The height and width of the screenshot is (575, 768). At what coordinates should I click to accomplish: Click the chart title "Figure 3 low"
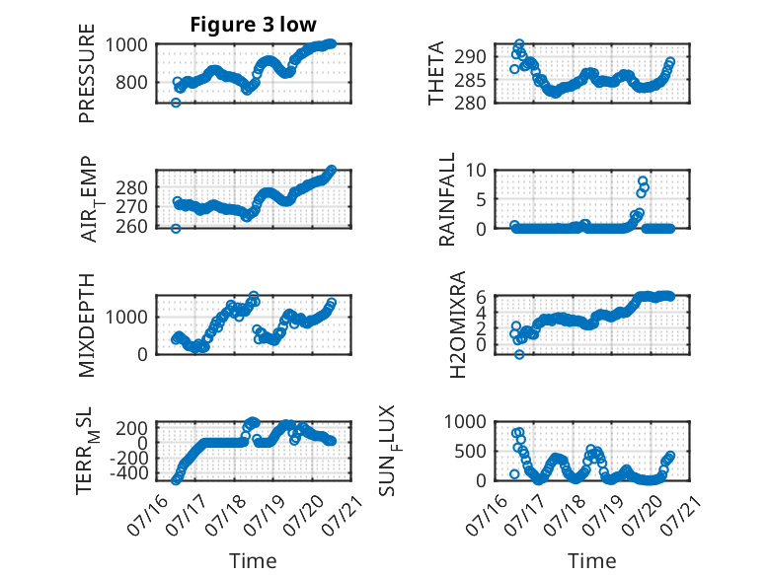click(x=254, y=25)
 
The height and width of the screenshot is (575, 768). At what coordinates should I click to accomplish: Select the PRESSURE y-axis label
click(x=86, y=73)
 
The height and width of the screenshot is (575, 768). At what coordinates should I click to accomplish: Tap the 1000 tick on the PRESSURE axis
click(x=126, y=45)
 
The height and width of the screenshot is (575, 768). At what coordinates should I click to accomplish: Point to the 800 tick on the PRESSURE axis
click(x=131, y=82)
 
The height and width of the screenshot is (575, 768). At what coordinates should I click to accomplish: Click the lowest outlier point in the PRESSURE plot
click(x=176, y=103)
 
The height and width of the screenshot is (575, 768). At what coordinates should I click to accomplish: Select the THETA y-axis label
click(x=435, y=73)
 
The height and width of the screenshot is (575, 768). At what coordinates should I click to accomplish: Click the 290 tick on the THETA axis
click(x=470, y=57)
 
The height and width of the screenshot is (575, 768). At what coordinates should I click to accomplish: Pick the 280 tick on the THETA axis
click(x=470, y=103)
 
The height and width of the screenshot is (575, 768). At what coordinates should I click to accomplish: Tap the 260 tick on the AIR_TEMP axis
click(x=131, y=227)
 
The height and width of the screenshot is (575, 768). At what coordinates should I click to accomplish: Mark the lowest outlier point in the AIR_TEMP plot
click(x=176, y=229)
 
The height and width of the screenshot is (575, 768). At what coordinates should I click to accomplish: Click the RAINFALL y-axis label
click(x=447, y=199)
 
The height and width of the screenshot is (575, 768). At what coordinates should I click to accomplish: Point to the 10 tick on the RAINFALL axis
click(x=476, y=171)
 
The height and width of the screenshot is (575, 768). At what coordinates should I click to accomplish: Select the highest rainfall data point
click(x=643, y=181)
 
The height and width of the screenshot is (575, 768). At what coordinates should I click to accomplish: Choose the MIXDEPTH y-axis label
click(x=86, y=325)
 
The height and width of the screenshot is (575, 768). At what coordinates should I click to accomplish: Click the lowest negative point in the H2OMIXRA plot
click(x=519, y=354)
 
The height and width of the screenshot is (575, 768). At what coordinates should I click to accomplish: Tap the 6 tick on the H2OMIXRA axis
click(x=481, y=297)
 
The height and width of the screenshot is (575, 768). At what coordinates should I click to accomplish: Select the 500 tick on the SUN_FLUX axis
click(x=470, y=451)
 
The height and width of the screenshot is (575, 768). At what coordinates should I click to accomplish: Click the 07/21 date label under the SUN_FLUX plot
click(x=683, y=514)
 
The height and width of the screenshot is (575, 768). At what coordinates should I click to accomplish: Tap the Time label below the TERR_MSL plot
click(x=254, y=561)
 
